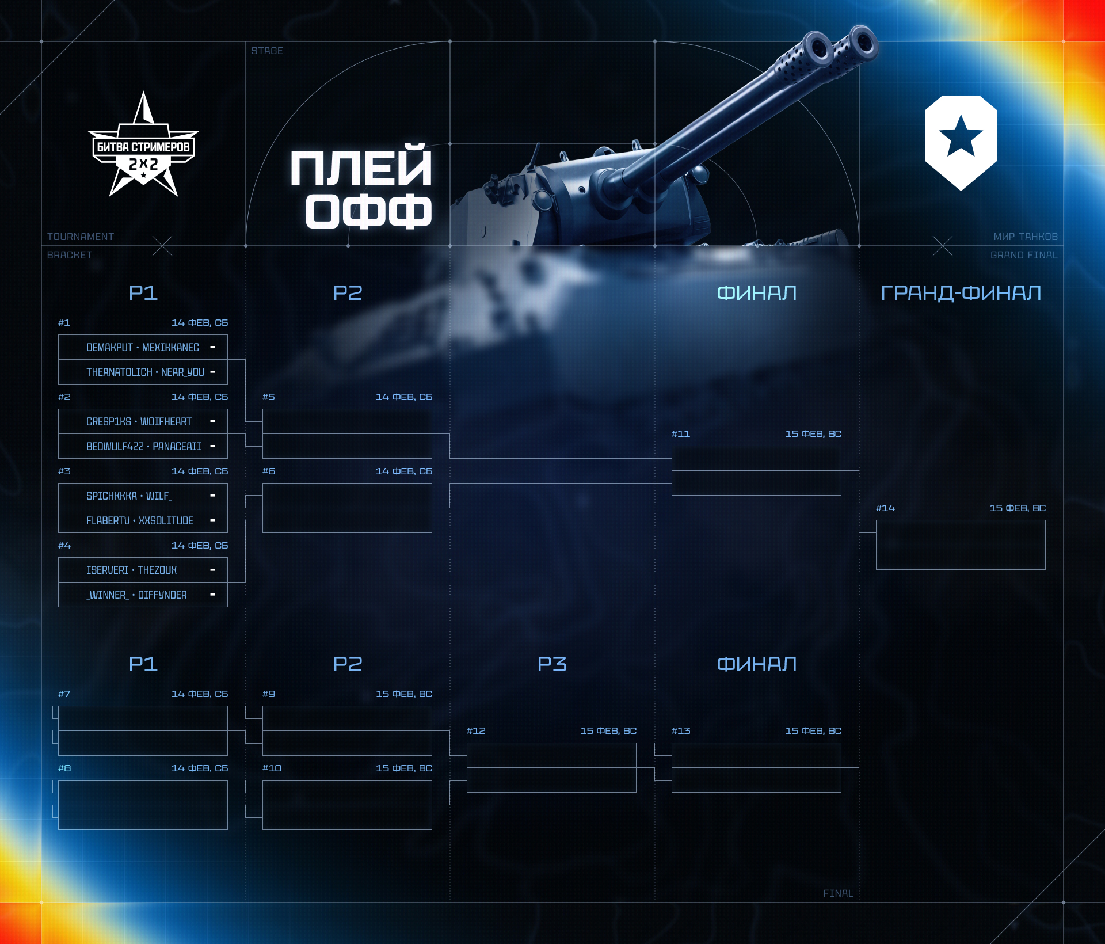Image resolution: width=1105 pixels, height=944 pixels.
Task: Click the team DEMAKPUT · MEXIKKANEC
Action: coord(143,347)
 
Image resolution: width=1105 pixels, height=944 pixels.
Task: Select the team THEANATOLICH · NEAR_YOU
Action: coord(145,372)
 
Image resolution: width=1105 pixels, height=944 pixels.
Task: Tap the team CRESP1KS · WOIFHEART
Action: coord(139,421)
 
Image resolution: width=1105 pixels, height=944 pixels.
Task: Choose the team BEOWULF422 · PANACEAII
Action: coord(144,446)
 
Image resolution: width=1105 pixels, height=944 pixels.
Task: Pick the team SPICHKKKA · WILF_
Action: coord(129,496)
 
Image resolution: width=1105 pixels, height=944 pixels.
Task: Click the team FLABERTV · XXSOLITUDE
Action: coord(140,520)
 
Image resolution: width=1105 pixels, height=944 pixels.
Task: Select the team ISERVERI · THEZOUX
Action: coord(131,570)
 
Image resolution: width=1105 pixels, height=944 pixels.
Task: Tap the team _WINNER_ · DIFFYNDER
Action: coord(136,595)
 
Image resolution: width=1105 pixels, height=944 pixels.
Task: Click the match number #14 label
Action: coord(885,508)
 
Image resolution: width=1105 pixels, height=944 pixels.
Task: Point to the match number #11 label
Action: coord(681,433)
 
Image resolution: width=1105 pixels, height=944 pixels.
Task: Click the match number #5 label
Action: coord(269,397)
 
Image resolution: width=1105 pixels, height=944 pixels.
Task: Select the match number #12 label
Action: coord(476,730)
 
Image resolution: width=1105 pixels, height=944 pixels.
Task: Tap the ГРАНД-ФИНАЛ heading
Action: coord(961,293)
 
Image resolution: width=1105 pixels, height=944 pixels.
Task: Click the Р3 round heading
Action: coord(552,664)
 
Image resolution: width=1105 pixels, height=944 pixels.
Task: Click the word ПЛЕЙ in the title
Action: coord(361,168)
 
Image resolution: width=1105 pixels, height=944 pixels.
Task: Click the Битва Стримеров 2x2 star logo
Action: coord(143,147)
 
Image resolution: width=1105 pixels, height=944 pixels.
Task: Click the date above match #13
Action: coord(813,730)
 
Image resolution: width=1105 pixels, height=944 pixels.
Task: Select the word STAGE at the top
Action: coord(267,51)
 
